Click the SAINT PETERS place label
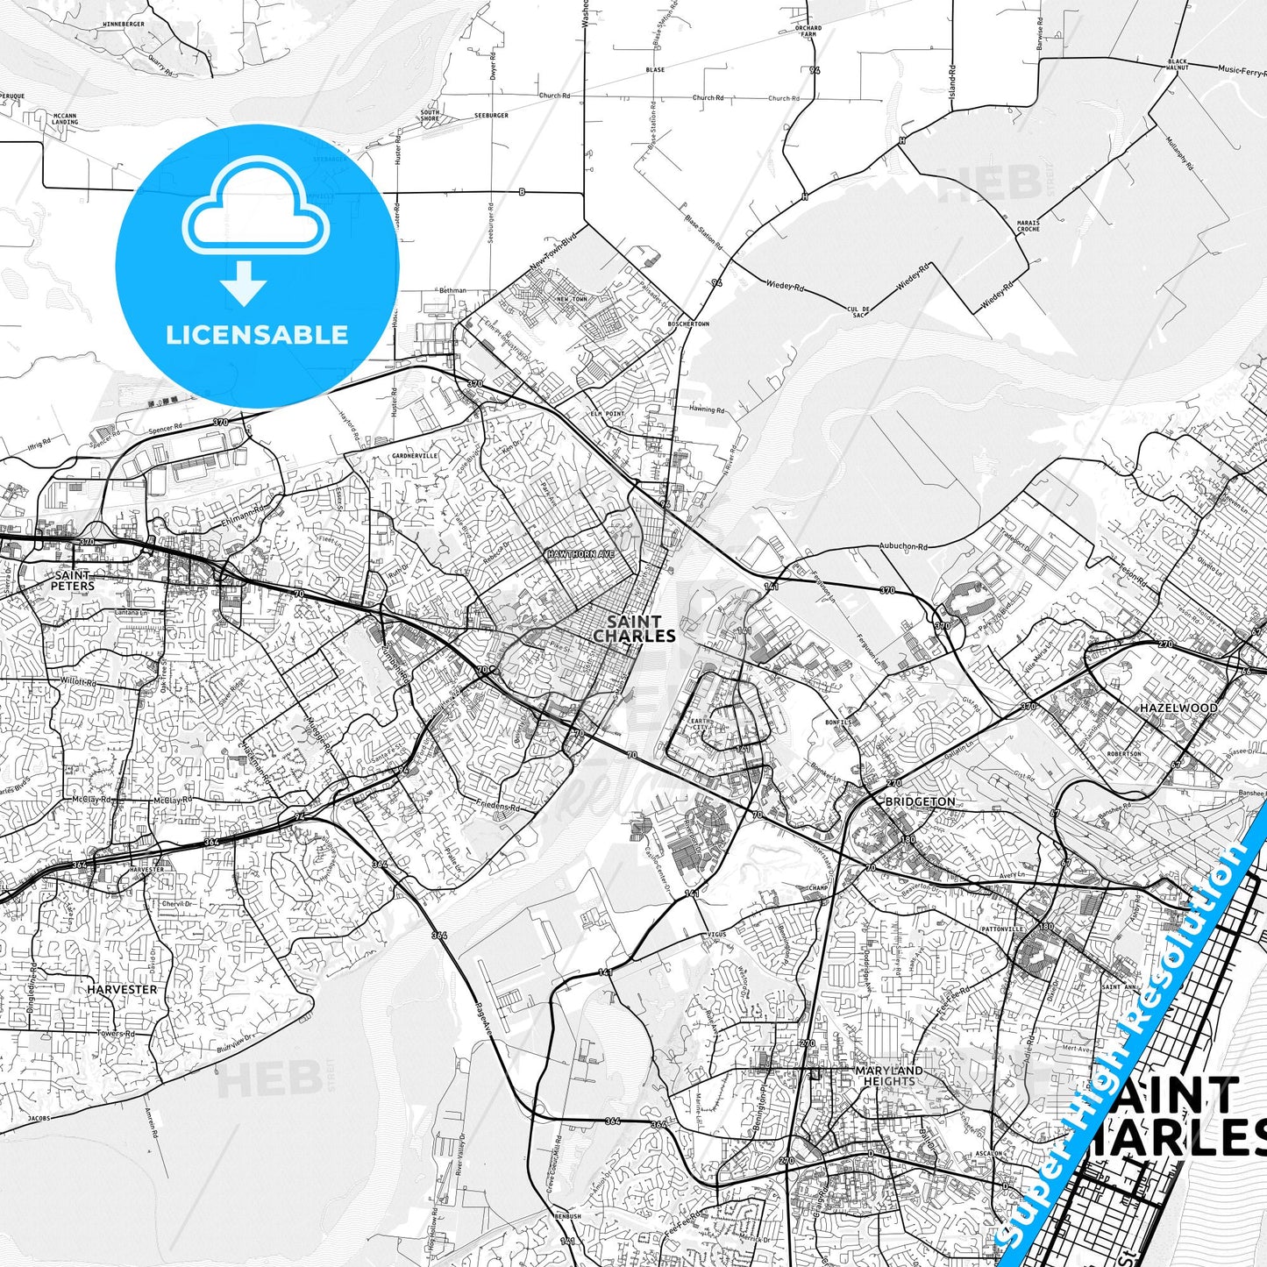[x=72, y=580]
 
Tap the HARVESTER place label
[x=122, y=989]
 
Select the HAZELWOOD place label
[x=1178, y=708]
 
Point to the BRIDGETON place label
[x=920, y=801]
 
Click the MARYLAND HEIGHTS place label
[x=888, y=1076]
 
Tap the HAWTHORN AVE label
[x=580, y=554]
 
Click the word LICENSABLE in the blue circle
[x=257, y=335]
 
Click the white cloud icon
[x=256, y=206]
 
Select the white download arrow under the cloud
[x=244, y=283]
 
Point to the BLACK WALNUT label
[x=1178, y=64]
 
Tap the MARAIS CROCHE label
[x=1028, y=225]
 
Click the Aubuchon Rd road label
[x=903, y=546]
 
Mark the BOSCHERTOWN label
[x=688, y=324]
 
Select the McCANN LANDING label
[x=65, y=118]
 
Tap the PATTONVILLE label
[x=1002, y=929]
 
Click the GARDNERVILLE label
[x=415, y=456]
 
